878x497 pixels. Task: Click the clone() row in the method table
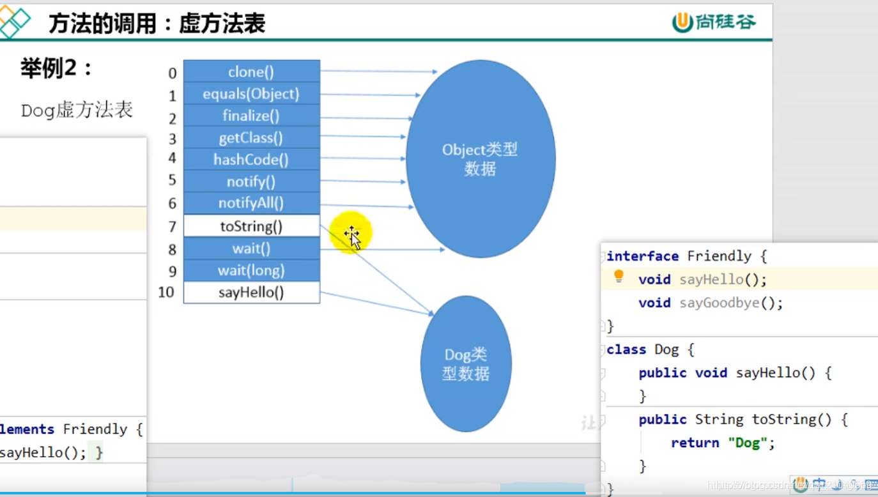point(251,72)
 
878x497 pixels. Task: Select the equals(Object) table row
point(251,94)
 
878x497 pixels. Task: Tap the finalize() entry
point(251,116)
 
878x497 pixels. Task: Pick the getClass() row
point(251,137)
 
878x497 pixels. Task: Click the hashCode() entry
point(251,159)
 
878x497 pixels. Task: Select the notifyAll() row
point(251,203)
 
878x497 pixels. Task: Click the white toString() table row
point(251,226)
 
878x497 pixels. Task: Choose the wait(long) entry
point(251,270)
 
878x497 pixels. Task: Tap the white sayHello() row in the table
point(251,293)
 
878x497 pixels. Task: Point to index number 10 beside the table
point(166,293)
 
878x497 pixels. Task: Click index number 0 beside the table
point(172,73)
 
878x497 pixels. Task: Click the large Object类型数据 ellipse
point(481,159)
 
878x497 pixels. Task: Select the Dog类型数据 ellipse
point(466,363)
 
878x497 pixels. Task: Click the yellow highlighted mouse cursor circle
point(350,233)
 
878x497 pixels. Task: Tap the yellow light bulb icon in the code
point(619,276)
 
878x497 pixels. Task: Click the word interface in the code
point(642,256)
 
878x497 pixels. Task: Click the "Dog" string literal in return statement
point(747,443)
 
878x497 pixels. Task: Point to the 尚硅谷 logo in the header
point(714,22)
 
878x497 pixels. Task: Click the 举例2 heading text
point(56,68)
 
